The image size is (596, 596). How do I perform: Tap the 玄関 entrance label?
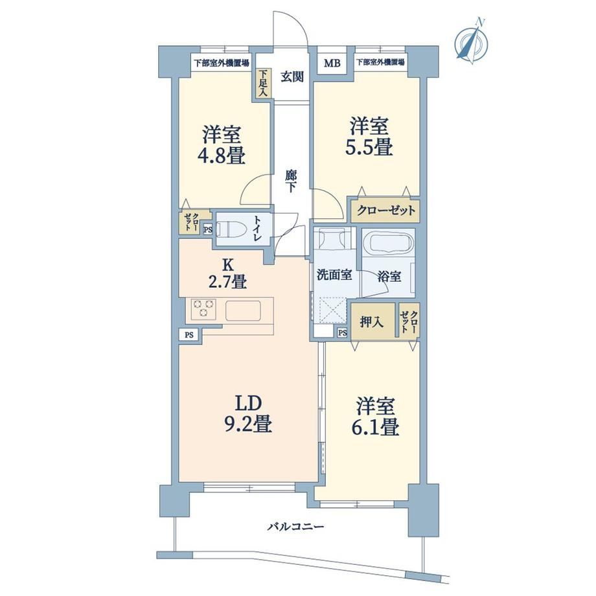click(x=292, y=77)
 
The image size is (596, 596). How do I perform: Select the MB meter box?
click(x=332, y=63)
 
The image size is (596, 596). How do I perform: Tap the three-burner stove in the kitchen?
click(x=203, y=308)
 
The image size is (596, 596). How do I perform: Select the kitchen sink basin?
click(x=244, y=310)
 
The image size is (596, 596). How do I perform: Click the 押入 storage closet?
click(x=372, y=321)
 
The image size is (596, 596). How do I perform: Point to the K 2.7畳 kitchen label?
click(x=229, y=273)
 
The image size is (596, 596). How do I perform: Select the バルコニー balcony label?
click(x=295, y=527)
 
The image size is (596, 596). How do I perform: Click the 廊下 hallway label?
click(x=290, y=181)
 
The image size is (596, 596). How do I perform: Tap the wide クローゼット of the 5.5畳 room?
click(x=385, y=211)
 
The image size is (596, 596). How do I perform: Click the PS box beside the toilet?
click(x=208, y=229)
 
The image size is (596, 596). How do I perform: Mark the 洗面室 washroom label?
click(x=334, y=275)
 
